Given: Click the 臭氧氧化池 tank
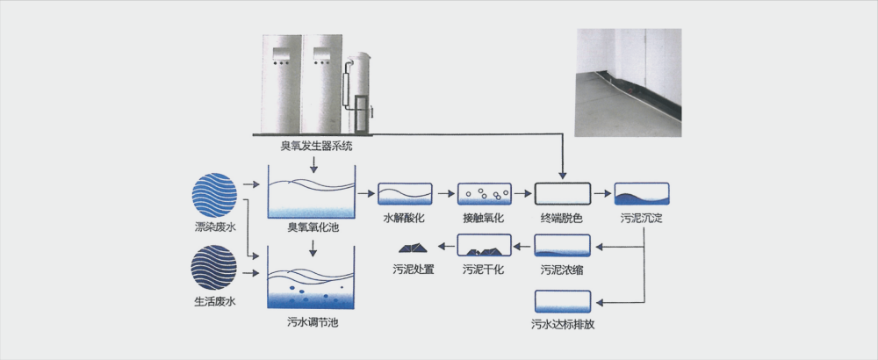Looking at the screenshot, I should (312, 198).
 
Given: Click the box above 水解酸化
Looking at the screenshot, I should (405, 193).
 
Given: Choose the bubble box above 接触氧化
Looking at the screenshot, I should (483, 193).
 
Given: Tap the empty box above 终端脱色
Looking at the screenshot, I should (563, 193).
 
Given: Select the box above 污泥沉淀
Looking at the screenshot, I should (642, 193).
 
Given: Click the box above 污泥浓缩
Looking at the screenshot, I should (563, 246).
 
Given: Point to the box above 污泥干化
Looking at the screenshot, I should (483, 246).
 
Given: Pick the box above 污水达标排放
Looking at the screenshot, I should (563, 300).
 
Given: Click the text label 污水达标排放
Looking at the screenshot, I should (563, 324).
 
